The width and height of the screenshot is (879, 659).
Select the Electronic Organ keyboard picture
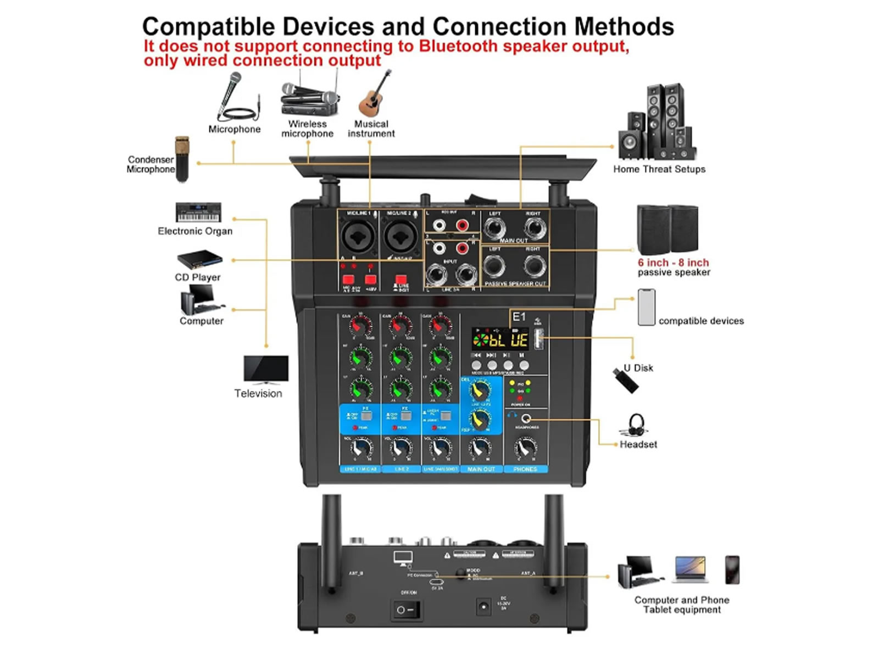(x=198, y=212)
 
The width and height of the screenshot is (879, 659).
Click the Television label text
(x=258, y=393)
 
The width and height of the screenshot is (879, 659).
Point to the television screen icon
(x=266, y=368)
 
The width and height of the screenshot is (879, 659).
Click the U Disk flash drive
(x=626, y=380)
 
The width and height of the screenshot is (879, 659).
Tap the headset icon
(x=637, y=425)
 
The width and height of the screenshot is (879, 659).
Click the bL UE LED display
(x=500, y=340)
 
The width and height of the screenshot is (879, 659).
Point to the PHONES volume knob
(x=525, y=448)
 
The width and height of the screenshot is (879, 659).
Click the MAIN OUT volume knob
(x=481, y=448)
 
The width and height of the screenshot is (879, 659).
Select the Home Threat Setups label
(x=659, y=169)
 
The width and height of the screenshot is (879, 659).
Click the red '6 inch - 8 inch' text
(x=673, y=263)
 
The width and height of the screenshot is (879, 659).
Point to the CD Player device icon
(x=199, y=259)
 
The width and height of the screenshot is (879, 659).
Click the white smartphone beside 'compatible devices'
(x=647, y=308)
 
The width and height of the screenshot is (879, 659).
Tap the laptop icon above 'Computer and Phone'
(x=691, y=569)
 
